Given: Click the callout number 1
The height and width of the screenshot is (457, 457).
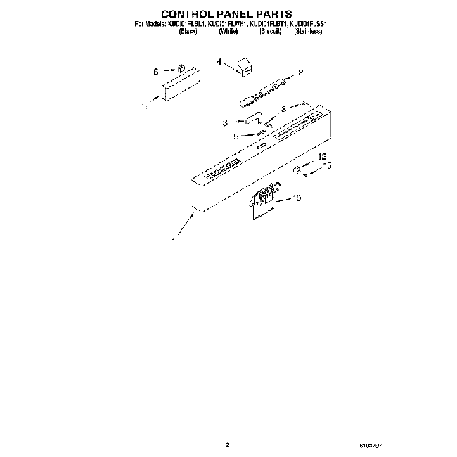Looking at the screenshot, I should pyautogui.click(x=173, y=240).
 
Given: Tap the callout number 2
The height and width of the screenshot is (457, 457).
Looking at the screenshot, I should pyautogui.click(x=300, y=72).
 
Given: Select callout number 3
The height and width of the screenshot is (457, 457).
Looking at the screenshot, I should pyautogui.click(x=225, y=122).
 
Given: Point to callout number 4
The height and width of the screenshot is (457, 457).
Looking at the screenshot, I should pyautogui.click(x=219, y=63).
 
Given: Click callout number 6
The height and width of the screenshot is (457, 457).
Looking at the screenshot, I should pyautogui.click(x=156, y=70).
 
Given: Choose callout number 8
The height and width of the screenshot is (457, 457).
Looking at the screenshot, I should pyautogui.click(x=283, y=109).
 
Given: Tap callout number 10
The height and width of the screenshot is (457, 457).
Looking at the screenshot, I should pyautogui.click(x=296, y=198).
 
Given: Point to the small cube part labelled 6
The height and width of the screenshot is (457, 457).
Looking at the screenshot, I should pyautogui.click(x=180, y=69).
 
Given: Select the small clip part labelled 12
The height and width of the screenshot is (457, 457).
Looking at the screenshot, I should pyautogui.click(x=297, y=169).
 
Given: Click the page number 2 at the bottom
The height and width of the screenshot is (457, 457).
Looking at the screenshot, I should pyautogui.click(x=228, y=444).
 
